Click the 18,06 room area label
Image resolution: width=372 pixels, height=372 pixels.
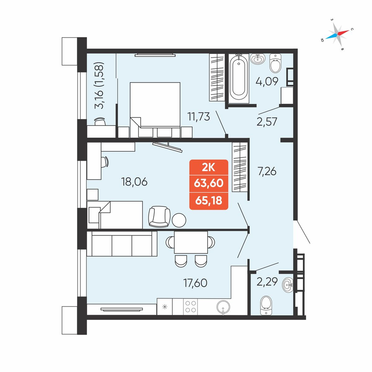click(x=134, y=182)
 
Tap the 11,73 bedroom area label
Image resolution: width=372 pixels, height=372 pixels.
click(x=199, y=117)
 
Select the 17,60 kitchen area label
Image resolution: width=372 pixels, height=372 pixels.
click(x=195, y=283)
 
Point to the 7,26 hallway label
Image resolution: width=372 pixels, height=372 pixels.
click(x=267, y=171)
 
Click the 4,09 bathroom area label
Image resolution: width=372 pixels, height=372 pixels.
click(x=267, y=81)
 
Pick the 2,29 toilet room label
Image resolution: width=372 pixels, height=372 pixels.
click(x=267, y=282)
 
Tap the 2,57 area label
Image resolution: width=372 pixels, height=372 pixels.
click(x=267, y=122)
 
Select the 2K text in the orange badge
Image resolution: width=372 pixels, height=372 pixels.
click(x=208, y=168)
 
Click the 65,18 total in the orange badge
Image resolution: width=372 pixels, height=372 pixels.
click(x=209, y=201)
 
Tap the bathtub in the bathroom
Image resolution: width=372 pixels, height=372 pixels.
click(x=239, y=78)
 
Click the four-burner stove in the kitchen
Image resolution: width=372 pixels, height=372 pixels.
click(x=190, y=307)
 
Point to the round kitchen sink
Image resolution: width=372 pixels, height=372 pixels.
click(x=223, y=307)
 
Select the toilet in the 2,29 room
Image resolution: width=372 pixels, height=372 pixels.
click(x=266, y=305)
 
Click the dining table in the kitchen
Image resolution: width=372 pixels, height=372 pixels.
click(x=191, y=243)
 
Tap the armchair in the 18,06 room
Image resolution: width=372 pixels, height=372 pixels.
click(x=159, y=217)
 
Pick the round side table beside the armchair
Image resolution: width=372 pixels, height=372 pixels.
click(x=179, y=220)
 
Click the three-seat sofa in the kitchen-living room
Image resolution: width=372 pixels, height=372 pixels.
click(x=122, y=244)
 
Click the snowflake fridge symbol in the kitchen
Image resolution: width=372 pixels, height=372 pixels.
click(x=165, y=307)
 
